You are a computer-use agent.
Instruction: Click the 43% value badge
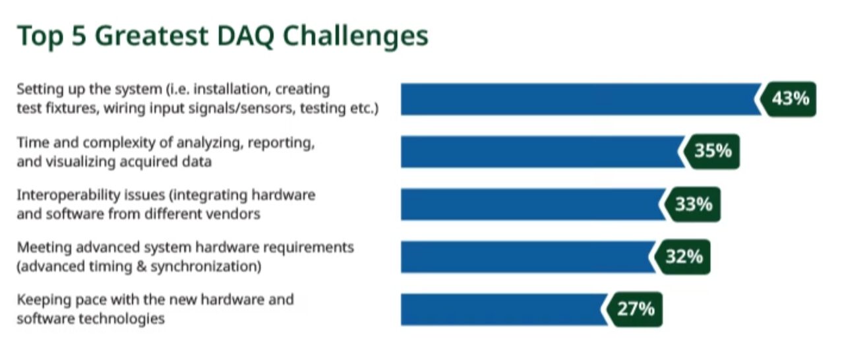tap(788, 99)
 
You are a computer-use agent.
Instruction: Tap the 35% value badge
tap(711, 152)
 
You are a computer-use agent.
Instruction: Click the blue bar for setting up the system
tap(581, 100)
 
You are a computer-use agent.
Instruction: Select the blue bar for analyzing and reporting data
tap(543, 152)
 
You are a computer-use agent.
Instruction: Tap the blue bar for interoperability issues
tap(533, 204)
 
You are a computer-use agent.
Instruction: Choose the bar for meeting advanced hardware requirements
tap(528, 257)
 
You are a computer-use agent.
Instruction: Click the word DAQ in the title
tap(245, 36)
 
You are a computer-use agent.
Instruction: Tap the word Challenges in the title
tap(355, 36)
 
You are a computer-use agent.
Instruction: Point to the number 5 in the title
tap(78, 36)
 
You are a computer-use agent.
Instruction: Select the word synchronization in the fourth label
tap(206, 266)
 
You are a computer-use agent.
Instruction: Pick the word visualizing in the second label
tap(80, 162)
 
